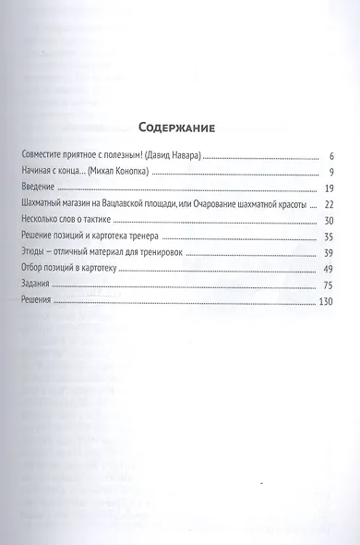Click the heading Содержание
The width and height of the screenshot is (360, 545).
(181, 128)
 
